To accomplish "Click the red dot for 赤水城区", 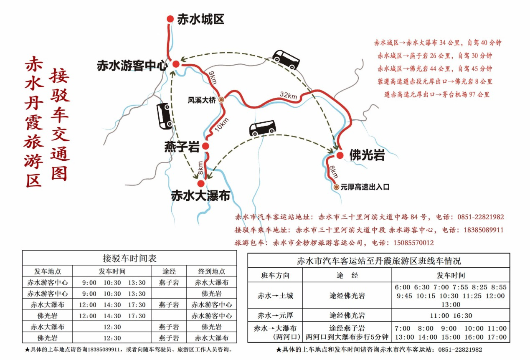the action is (x=170, y=19).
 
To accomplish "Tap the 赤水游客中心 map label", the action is (x=132, y=66).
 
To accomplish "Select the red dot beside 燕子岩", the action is (x=205, y=146).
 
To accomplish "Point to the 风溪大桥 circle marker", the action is (x=221, y=100).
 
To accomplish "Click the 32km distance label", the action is (x=289, y=95).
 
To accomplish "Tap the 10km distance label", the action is (x=222, y=124).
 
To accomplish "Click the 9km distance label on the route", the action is (x=212, y=78).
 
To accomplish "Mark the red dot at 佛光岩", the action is (x=340, y=155).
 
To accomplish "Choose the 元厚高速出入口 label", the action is (x=365, y=187).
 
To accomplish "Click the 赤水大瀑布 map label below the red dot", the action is (x=200, y=195).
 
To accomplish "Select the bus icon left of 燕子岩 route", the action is (x=165, y=116).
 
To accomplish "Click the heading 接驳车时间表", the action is (x=129, y=259).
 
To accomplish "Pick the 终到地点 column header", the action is (x=211, y=271).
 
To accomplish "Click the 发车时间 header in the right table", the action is (x=451, y=275).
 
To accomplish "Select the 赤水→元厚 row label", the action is (x=275, y=315).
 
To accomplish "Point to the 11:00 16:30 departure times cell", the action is (x=451, y=316).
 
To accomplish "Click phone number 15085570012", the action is (x=413, y=243).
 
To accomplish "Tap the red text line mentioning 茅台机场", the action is (x=436, y=95).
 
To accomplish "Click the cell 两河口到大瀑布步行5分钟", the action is (x=347, y=337).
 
